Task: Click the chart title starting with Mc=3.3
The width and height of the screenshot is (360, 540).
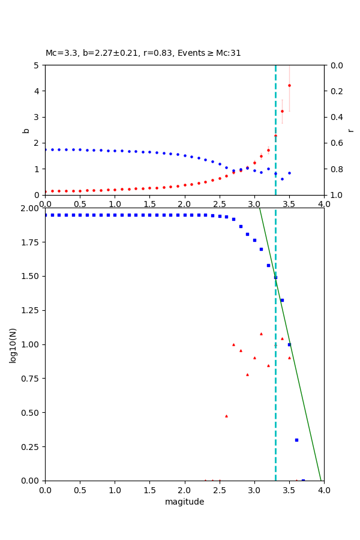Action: [143, 53]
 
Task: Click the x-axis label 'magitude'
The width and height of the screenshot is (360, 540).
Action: [184, 502]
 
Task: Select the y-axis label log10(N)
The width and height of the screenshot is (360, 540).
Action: [13, 344]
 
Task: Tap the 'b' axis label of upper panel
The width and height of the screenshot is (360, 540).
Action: [26, 130]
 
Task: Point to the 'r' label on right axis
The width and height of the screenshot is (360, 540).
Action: [350, 130]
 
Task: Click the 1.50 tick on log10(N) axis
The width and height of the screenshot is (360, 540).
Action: [29, 276]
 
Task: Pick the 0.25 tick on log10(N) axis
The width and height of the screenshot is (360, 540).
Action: [29, 446]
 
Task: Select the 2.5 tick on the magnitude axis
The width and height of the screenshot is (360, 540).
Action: [219, 490]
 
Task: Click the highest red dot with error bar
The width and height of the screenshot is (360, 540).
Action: [289, 85]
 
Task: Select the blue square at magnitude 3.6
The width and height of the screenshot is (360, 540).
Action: [296, 440]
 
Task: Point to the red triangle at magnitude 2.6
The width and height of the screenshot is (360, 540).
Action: [226, 416]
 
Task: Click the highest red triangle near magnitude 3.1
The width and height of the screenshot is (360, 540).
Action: [261, 334]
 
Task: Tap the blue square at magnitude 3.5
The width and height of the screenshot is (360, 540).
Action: [289, 344]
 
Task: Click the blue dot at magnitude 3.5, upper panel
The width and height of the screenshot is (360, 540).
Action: [289, 173]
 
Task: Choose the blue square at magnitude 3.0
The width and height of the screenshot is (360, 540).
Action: [254, 240]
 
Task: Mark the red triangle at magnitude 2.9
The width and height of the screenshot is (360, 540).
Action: [247, 374]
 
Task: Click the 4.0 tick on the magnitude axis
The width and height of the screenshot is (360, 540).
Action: [324, 490]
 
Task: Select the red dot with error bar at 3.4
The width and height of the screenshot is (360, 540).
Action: [282, 111]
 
